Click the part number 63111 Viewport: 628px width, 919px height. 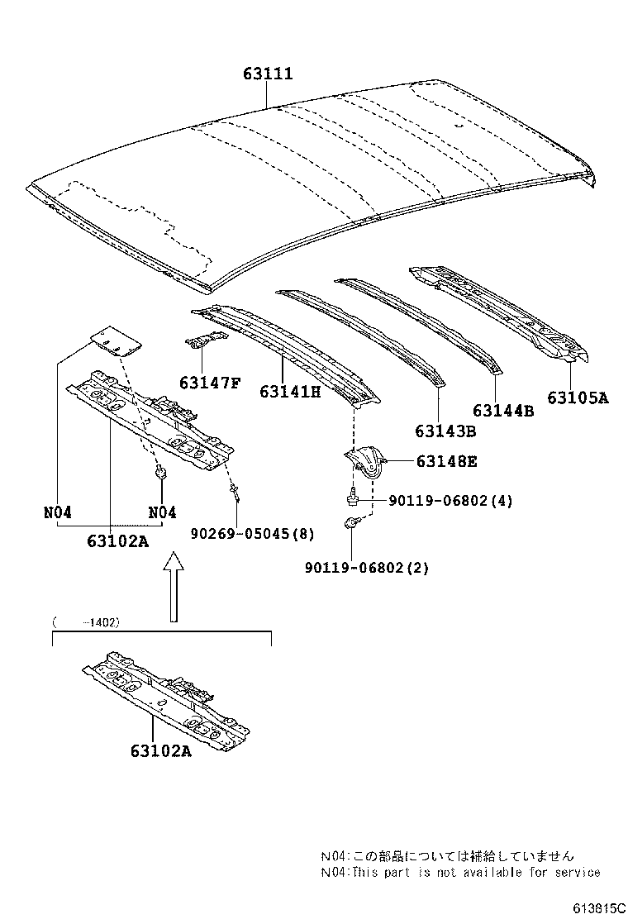click(x=268, y=74)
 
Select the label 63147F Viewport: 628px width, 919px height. click(x=210, y=383)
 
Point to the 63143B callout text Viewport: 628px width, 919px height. click(x=446, y=431)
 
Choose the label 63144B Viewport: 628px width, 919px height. click(x=503, y=410)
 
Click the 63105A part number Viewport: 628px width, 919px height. click(x=578, y=398)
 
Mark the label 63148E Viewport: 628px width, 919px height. click(x=446, y=462)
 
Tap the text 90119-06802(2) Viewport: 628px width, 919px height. click(x=367, y=568)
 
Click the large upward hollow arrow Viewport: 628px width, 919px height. click(x=174, y=587)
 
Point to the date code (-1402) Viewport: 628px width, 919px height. click(x=86, y=621)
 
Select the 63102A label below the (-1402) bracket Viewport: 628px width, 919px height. click(x=159, y=750)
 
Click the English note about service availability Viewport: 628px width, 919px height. click(x=460, y=872)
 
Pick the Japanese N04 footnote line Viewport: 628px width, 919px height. click(x=447, y=856)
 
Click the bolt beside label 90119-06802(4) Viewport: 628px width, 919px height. click(x=353, y=499)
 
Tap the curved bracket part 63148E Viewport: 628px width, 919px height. click(x=365, y=462)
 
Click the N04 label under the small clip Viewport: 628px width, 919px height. click(x=162, y=512)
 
